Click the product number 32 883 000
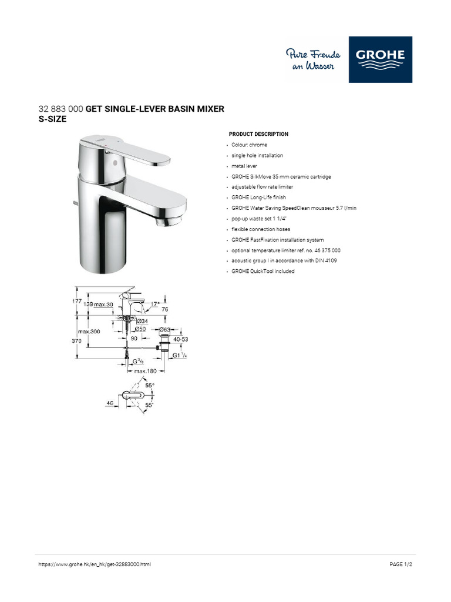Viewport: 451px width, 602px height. tap(61, 109)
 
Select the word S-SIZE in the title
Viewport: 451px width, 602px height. tap(53, 119)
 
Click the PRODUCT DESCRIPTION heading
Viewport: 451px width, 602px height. tap(258, 134)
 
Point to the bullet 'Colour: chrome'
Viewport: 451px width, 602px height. tap(249, 145)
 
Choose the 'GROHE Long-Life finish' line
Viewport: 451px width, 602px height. tap(258, 198)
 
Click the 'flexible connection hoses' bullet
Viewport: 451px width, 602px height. tap(261, 229)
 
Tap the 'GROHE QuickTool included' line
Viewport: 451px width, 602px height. tap(262, 271)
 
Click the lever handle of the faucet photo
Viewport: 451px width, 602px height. tap(135, 151)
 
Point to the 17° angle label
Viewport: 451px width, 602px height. tap(155, 304)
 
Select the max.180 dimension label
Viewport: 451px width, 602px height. tap(145, 371)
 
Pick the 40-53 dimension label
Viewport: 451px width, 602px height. tap(180, 339)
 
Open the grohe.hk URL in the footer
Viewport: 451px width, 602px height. tap(95, 564)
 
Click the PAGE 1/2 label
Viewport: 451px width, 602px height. tap(401, 564)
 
